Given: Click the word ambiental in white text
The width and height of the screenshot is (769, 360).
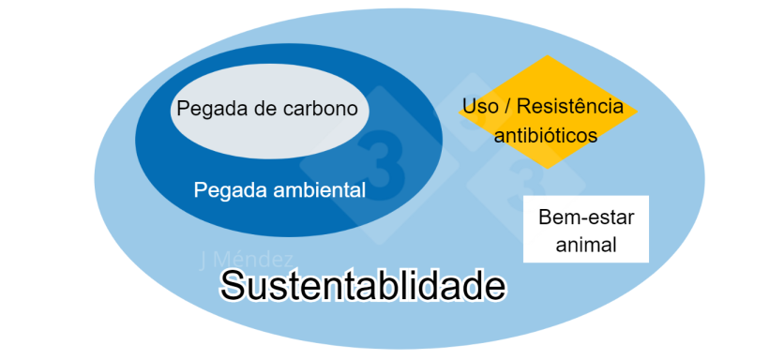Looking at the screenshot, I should [x=318, y=189].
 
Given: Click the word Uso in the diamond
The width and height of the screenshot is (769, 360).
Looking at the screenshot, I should [x=480, y=107].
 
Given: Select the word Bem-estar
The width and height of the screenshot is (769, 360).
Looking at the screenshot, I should [x=586, y=217].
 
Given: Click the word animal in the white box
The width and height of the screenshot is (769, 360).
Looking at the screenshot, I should [x=586, y=246].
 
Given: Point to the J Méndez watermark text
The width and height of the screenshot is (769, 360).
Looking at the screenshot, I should [x=247, y=260].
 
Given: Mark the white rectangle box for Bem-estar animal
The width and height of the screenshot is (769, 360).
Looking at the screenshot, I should [x=586, y=231].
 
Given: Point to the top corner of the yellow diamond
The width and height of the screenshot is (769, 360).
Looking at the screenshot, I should [x=548, y=57].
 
